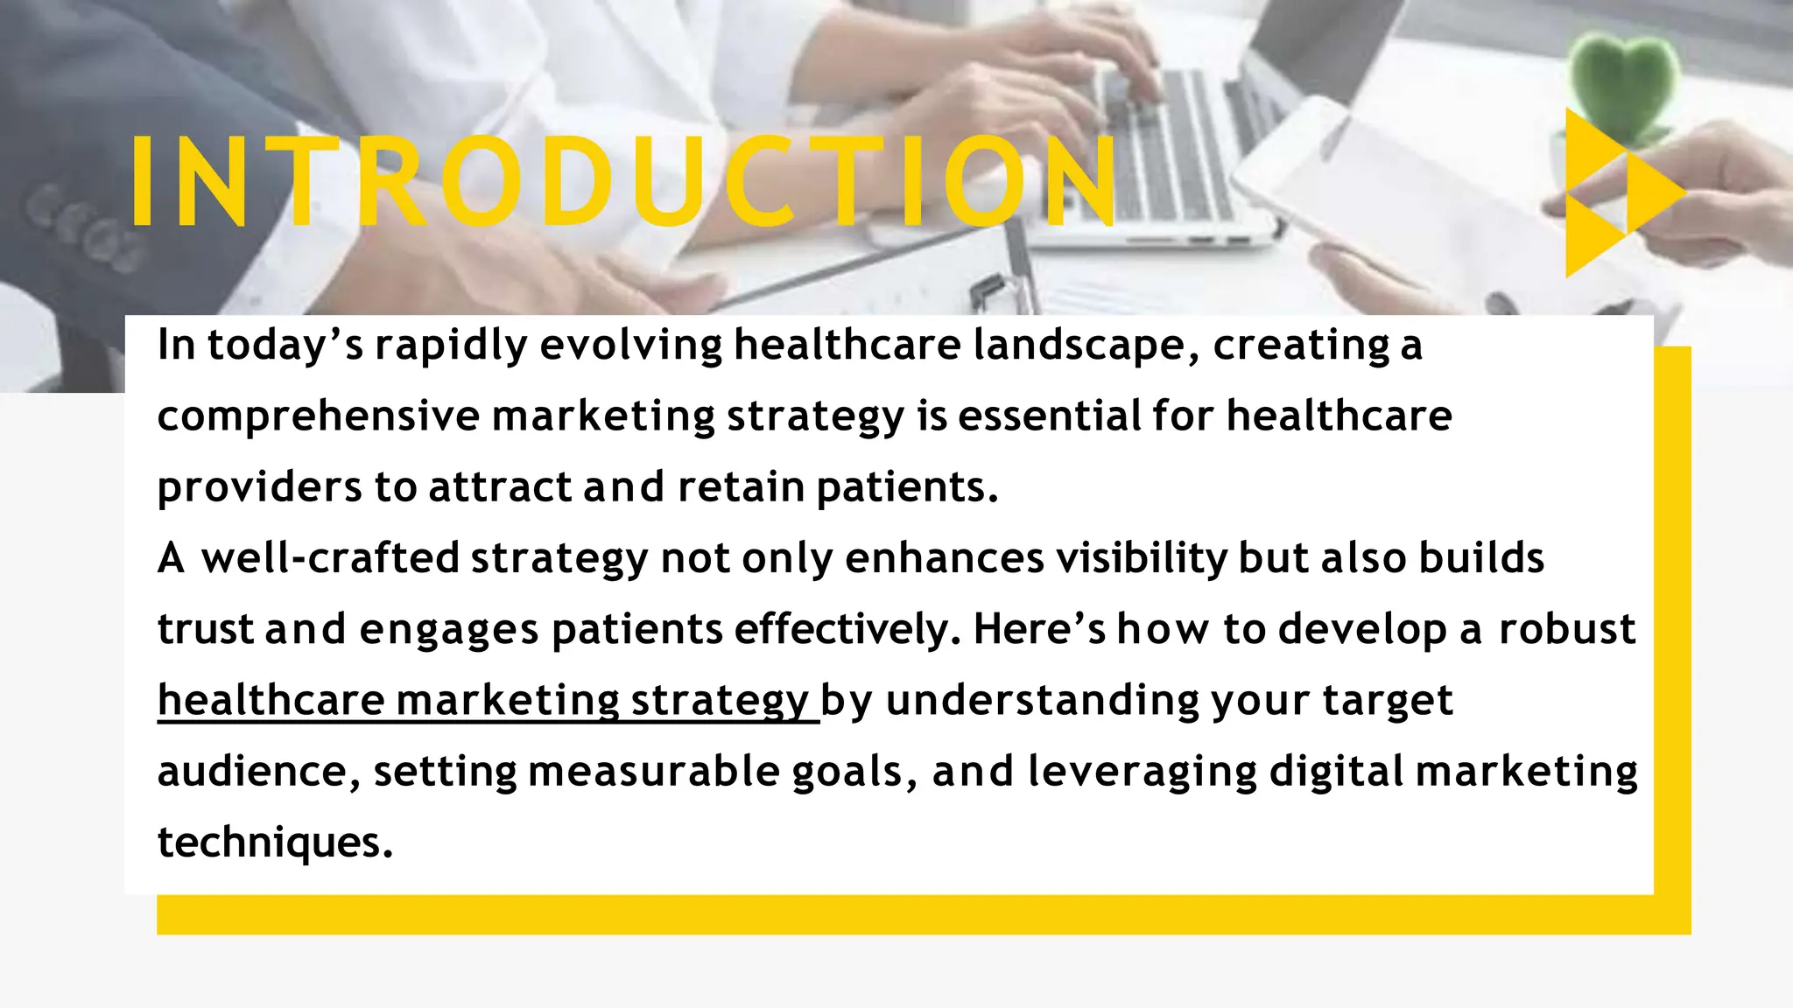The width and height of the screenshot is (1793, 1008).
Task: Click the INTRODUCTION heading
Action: coord(623,182)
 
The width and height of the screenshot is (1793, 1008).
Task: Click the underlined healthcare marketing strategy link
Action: coord(487,701)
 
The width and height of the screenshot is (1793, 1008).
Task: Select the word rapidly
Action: coord(451,346)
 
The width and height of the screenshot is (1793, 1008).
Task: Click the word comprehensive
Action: coord(318,416)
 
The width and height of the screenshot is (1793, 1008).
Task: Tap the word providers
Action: coord(259,488)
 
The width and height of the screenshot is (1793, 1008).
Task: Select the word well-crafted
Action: coord(330,558)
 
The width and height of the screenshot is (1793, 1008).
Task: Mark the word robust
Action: coord(1566,629)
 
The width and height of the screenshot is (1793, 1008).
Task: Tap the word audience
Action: coord(257,772)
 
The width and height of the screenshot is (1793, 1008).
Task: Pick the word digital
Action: coord(1336,772)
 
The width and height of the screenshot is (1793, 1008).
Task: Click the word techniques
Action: coord(274,843)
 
